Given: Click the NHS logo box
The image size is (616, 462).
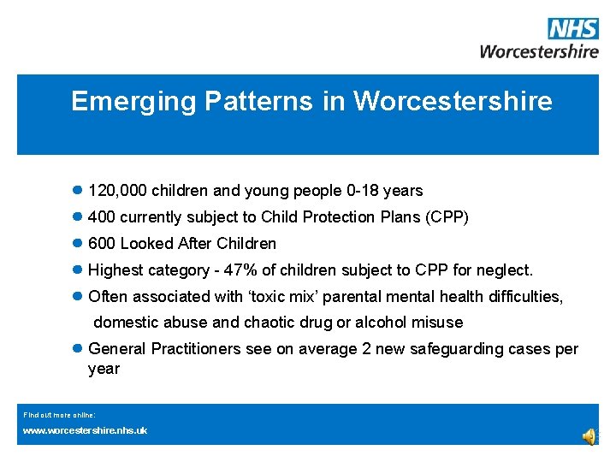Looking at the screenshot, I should (573, 28).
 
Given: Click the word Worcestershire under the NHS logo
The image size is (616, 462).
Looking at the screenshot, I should (539, 50).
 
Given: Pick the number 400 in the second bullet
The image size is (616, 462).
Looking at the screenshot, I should (102, 217).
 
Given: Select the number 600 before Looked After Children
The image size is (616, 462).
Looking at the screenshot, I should (102, 244).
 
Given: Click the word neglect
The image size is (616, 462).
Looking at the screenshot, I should (506, 270).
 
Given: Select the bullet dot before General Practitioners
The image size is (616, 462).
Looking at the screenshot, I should (77, 349).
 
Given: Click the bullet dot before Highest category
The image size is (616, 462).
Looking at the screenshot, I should (77, 270).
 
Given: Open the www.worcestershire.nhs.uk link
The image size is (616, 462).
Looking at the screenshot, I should (85, 430).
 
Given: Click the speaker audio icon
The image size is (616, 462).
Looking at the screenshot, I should (589, 437).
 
